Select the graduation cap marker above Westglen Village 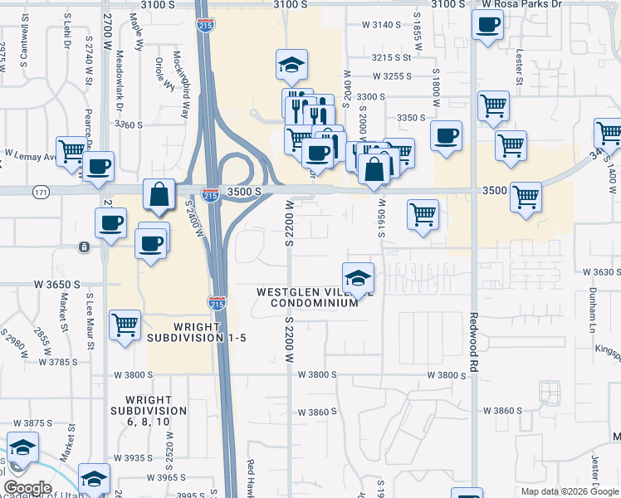point(358,277)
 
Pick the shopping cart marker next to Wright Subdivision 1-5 point(125,324)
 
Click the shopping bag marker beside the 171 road point(158,195)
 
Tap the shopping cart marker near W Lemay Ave point(72,150)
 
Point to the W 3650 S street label point(57,284)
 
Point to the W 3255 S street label point(393,76)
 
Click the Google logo point(27,488)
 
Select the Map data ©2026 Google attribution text point(569,491)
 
